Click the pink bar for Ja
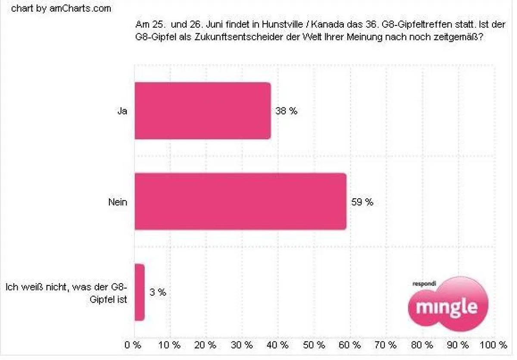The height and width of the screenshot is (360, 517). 202,111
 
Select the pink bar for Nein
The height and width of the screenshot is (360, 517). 240,201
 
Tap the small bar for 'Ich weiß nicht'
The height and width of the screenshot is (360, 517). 140,292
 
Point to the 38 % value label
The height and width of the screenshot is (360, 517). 287,111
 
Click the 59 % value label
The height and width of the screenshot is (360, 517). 362,202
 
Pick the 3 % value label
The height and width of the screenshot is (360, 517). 158,292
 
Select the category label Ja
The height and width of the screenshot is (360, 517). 122,111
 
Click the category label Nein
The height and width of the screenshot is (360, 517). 118,202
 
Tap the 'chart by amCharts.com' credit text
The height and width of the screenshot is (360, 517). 61,9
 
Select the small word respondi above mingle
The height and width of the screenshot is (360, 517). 424,284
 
